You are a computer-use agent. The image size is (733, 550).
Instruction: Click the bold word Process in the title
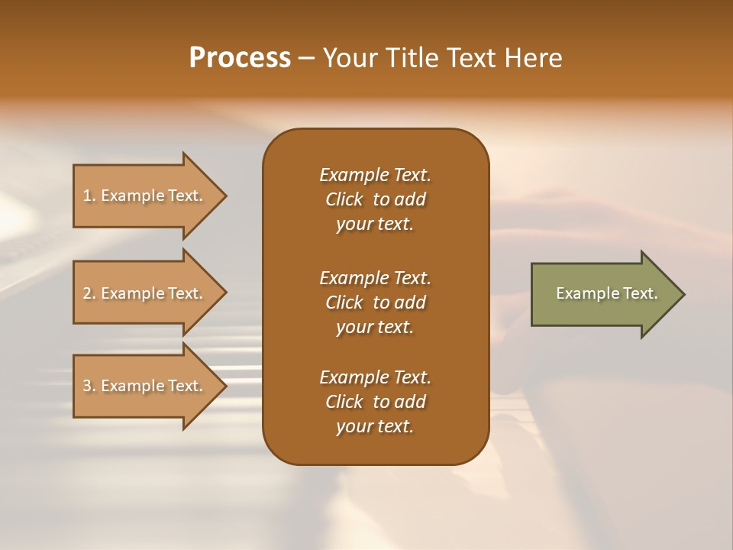(x=240, y=58)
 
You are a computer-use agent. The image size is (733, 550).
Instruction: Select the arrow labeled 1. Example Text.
(x=145, y=196)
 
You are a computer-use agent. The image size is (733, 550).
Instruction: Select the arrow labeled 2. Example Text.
(x=145, y=293)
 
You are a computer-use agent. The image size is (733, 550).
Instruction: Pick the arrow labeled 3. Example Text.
(x=145, y=386)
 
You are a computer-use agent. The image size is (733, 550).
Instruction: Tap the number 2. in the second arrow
(x=89, y=293)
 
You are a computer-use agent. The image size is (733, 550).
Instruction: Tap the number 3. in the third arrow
(x=89, y=386)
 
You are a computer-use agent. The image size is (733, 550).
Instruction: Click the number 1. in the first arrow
(x=89, y=196)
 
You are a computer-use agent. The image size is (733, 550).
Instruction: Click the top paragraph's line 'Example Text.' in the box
(x=375, y=175)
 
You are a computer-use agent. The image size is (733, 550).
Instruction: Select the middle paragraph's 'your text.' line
(x=375, y=327)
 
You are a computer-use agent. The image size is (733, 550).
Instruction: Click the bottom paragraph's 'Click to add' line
(x=375, y=402)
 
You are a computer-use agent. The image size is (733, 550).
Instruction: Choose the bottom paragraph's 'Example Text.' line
(x=375, y=377)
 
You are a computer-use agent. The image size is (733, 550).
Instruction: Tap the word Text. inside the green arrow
(x=641, y=293)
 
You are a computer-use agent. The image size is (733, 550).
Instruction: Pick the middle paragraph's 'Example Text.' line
(x=375, y=278)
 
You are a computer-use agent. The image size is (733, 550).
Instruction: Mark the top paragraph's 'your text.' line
(x=375, y=225)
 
